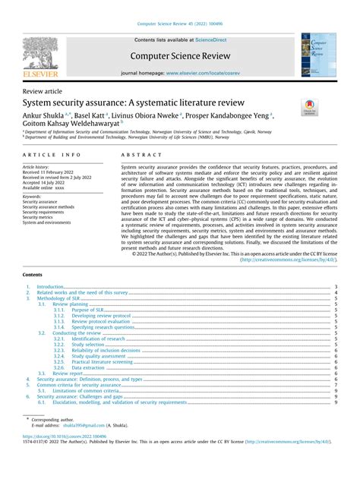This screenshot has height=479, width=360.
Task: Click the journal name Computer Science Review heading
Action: click(x=180, y=55)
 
